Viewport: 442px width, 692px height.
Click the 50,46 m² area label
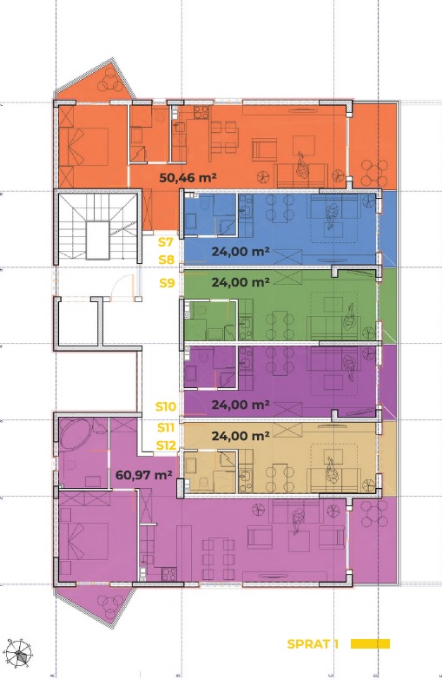coord(188,178)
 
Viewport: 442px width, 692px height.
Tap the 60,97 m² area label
coord(143,475)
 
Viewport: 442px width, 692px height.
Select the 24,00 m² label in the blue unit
coord(241,252)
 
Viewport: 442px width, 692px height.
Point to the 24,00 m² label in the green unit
coord(241,282)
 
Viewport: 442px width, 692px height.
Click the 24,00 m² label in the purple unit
coord(241,405)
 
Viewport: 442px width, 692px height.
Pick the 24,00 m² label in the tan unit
coord(241,436)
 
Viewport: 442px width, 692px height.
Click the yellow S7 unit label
coord(166,242)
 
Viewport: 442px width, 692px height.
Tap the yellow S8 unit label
coord(167,260)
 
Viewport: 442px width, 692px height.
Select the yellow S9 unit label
coord(167,282)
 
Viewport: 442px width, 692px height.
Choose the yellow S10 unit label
coord(166,406)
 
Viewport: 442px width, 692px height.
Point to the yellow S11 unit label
coord(166,427)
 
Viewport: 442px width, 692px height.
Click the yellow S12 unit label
coord(167,445)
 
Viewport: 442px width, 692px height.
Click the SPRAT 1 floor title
coord(313,644)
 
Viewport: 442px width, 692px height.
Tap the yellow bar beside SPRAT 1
coord(371,644)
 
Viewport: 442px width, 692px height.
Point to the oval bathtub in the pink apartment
coord(75,433)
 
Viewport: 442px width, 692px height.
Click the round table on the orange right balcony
coord(374,173)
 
